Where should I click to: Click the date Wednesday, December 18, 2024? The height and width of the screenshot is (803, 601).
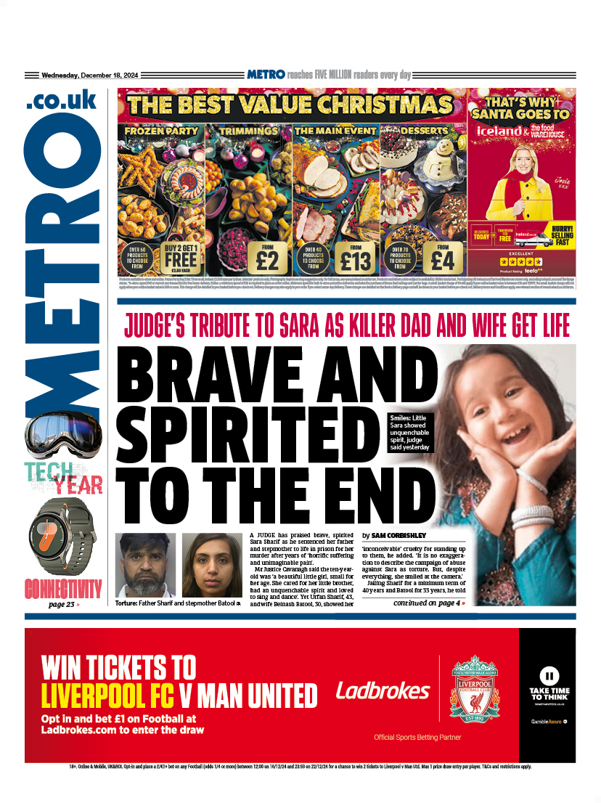coord(91,75)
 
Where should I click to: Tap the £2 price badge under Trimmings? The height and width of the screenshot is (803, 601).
coord(268,257)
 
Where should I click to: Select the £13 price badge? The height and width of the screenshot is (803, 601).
coord(355,257)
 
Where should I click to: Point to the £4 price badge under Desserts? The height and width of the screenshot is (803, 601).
coord(442,257)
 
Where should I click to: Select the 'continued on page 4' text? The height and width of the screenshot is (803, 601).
coord(428,603)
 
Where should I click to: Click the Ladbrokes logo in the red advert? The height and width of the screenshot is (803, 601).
coord(383,690)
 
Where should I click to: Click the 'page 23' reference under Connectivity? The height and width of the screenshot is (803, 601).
coord(63,604)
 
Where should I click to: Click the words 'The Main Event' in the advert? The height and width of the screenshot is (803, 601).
coord(335,131)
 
